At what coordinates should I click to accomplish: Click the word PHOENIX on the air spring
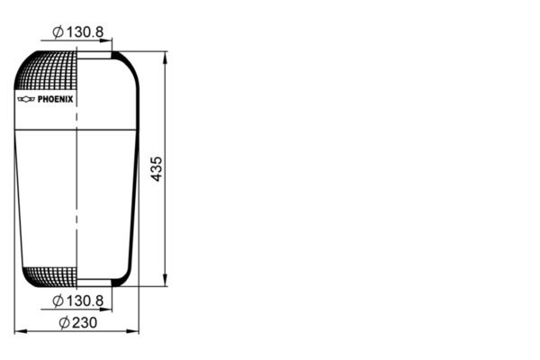[56, 99]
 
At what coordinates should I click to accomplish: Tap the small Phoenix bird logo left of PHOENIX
[26, 99]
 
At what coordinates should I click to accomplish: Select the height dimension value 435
[157, 168]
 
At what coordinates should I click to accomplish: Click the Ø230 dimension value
[78, 322]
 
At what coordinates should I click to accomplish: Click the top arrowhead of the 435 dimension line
[165, 55]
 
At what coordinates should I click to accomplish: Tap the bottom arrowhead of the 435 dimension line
[165, 282]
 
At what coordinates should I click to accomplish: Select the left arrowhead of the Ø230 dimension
[19, 331]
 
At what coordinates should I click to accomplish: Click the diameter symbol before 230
[64, 322]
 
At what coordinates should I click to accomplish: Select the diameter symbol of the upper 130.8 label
[58, 32]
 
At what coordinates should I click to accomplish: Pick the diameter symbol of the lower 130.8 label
[58, 300]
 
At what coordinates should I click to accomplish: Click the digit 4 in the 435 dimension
[157, 177]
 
